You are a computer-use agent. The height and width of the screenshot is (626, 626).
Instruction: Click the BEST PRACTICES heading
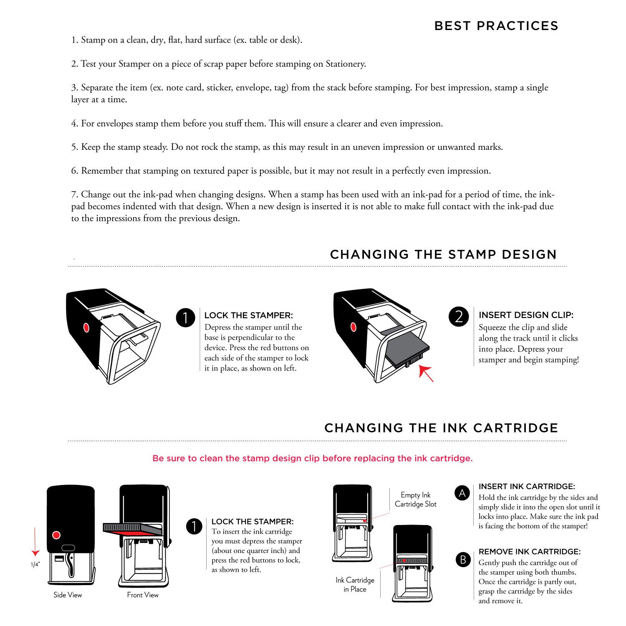click(x=496, y=26)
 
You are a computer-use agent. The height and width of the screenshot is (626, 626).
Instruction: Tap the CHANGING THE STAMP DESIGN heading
click(x=443, y=254)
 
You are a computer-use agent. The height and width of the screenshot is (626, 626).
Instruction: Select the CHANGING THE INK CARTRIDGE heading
click(x=441, y=428)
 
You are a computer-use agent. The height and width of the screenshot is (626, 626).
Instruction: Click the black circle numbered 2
click(x=459, y=317)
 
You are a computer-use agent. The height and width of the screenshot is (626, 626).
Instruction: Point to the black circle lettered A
click(x=462, y=493)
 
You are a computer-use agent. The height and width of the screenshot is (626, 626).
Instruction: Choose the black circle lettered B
click(x=463, y=559)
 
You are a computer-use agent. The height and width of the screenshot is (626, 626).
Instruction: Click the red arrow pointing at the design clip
click(x=426, y=373)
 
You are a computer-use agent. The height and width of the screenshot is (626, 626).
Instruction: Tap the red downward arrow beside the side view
click(x=35, y=542)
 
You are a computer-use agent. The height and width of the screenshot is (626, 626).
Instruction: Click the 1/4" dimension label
click(x=35, y=565)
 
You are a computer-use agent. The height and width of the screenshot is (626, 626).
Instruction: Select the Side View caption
click(x=68, y=595)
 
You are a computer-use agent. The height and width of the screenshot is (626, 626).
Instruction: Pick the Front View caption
click(x=143, y=595)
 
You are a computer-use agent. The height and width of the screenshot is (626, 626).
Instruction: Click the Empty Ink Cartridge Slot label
click(x=416, y=500)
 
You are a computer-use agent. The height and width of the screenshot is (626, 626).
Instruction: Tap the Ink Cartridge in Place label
click(x=355, y=585)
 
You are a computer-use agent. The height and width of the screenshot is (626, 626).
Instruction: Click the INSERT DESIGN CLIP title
click(x=526, y=315)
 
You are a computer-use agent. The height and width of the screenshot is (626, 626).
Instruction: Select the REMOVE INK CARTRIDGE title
click(x=530, y=552)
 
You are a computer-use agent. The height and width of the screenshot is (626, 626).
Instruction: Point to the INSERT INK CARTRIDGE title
click(x=527, y=487)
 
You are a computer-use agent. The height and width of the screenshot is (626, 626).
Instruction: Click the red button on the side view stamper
click(x=56, y=535)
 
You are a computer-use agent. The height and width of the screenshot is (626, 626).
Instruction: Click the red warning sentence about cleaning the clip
click(x=313, y=458)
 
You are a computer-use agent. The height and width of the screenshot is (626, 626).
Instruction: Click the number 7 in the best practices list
click(x=74, y=194)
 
